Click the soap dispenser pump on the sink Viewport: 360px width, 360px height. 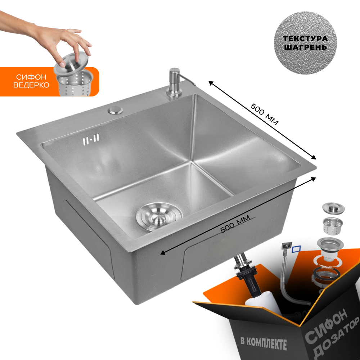click(175, 83)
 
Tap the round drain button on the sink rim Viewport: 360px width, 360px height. click(115, 110)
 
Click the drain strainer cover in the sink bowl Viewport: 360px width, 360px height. click(159, 216)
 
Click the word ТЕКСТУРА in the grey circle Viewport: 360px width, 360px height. click(305, 39)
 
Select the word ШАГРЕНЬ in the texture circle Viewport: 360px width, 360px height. click(305, 47)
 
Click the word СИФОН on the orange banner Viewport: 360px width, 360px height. click(31, 77)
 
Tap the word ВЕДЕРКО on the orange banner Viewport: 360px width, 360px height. click(31, 85)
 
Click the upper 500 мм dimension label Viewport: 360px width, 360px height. click(264, 114)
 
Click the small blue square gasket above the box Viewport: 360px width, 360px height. click(296, 249)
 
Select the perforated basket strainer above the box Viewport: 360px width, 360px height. click(333, 226)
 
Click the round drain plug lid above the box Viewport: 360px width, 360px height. click(333, 208)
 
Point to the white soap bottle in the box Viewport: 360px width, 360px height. click(263, 303)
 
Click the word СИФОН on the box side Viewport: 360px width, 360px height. click(327, 324)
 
